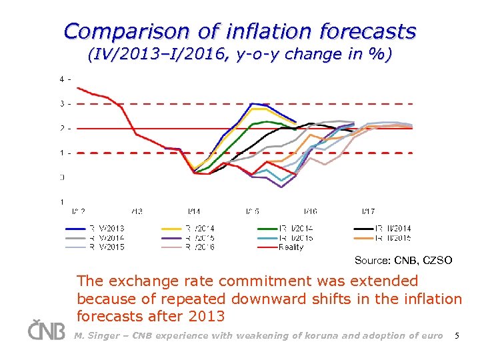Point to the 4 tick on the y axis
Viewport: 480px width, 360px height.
pyautogui.click(x=62, y=79)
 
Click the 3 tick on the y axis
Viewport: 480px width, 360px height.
pyautogui.click(x=62, y=103)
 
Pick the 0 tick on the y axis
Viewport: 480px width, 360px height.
pyautogui.click(x=62, y=177)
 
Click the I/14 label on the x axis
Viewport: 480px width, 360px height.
pyautogui.click(x=194, y=211)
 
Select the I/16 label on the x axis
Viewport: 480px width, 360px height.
pyautogui.click(x=310, y=211)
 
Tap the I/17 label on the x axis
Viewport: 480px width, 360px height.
pyautogui.click(x=368, y=211)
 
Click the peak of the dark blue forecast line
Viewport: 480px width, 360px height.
pyautogui.click(x=252, y=103)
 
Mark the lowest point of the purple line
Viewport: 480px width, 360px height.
pyautogui.click(x=281, y=187)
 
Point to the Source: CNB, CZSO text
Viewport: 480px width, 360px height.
pyautogui.click(x=403, y=260)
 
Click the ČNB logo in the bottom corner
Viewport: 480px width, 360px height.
pyautogui.click(x=47, y=331)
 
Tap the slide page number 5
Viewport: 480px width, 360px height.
pyautogui.click(x=456, y=335)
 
